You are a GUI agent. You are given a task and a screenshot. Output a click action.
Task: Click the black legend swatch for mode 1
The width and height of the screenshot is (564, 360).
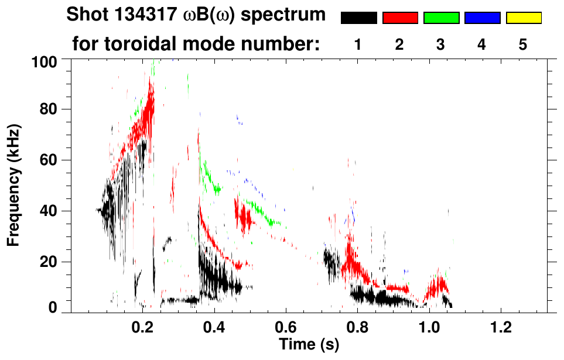coord(359,18)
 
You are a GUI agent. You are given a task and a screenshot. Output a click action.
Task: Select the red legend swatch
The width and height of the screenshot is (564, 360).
coord(400,18)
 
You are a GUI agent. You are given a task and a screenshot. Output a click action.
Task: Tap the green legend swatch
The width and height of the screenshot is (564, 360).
coord(441,18)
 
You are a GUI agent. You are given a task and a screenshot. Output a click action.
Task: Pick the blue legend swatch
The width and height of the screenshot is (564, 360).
coord(482,18)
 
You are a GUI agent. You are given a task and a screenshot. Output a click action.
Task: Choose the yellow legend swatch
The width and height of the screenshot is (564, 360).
coord(524,18)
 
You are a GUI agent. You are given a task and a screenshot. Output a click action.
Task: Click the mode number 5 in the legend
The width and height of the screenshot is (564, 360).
coord(523,44)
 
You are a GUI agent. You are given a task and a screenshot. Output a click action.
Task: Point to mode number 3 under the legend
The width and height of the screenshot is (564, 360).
coord(441,44)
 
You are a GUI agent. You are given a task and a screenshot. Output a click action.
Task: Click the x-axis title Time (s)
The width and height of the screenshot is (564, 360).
coord(309,345)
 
